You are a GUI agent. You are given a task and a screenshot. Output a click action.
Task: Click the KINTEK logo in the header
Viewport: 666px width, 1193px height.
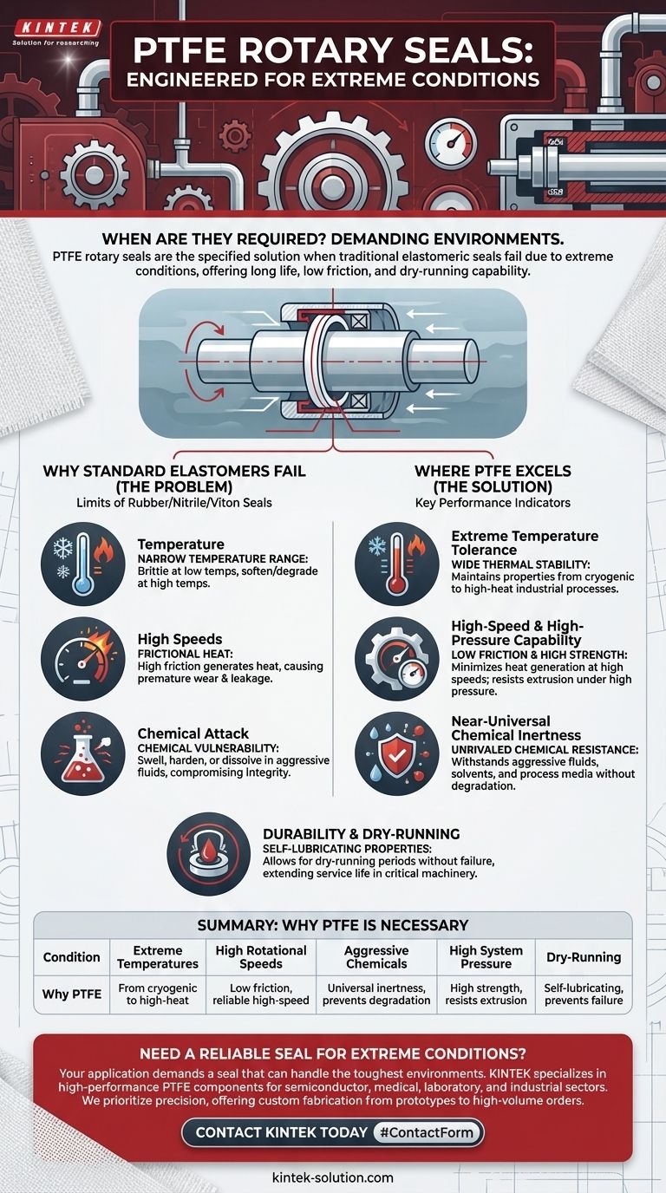(x=57, y=28)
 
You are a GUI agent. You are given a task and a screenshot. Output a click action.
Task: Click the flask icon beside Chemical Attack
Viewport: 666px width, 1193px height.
(x=82, y=753)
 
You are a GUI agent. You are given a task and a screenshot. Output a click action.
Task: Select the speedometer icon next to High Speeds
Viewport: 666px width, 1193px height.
(x=82, y=659)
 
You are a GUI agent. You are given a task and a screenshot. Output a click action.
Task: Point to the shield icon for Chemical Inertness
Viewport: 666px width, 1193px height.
(x=397, y=753)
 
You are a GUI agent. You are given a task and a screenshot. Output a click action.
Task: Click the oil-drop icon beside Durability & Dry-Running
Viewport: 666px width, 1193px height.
(x=208, y=853)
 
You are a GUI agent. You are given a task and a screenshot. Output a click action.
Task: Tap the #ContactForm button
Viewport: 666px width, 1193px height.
(x=427, y=1131)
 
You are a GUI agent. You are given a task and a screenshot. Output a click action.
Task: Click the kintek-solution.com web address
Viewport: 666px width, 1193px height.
(x=332, y=1177)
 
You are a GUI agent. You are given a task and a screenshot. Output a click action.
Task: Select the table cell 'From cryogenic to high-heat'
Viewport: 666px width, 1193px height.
(x=158, y=994)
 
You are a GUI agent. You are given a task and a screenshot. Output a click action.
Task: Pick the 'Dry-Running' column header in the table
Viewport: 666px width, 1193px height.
(x=584, y=957)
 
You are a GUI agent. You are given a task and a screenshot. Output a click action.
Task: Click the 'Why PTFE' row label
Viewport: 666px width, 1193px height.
(x=72, y=994)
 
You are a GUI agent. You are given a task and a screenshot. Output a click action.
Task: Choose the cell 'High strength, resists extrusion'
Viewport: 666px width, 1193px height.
(x=486, y=994)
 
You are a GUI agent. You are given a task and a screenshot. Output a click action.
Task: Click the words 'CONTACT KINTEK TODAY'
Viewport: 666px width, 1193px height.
(x=282, y=1132)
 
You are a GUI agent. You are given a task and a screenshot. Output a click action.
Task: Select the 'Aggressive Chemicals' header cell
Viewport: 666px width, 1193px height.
(x=376, y=957)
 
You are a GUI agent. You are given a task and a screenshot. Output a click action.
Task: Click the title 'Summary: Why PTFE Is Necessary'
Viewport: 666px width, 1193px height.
(x=333, y=925)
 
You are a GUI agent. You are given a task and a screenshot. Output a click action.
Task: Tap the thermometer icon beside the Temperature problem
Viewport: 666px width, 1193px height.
(x=82, y=564)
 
